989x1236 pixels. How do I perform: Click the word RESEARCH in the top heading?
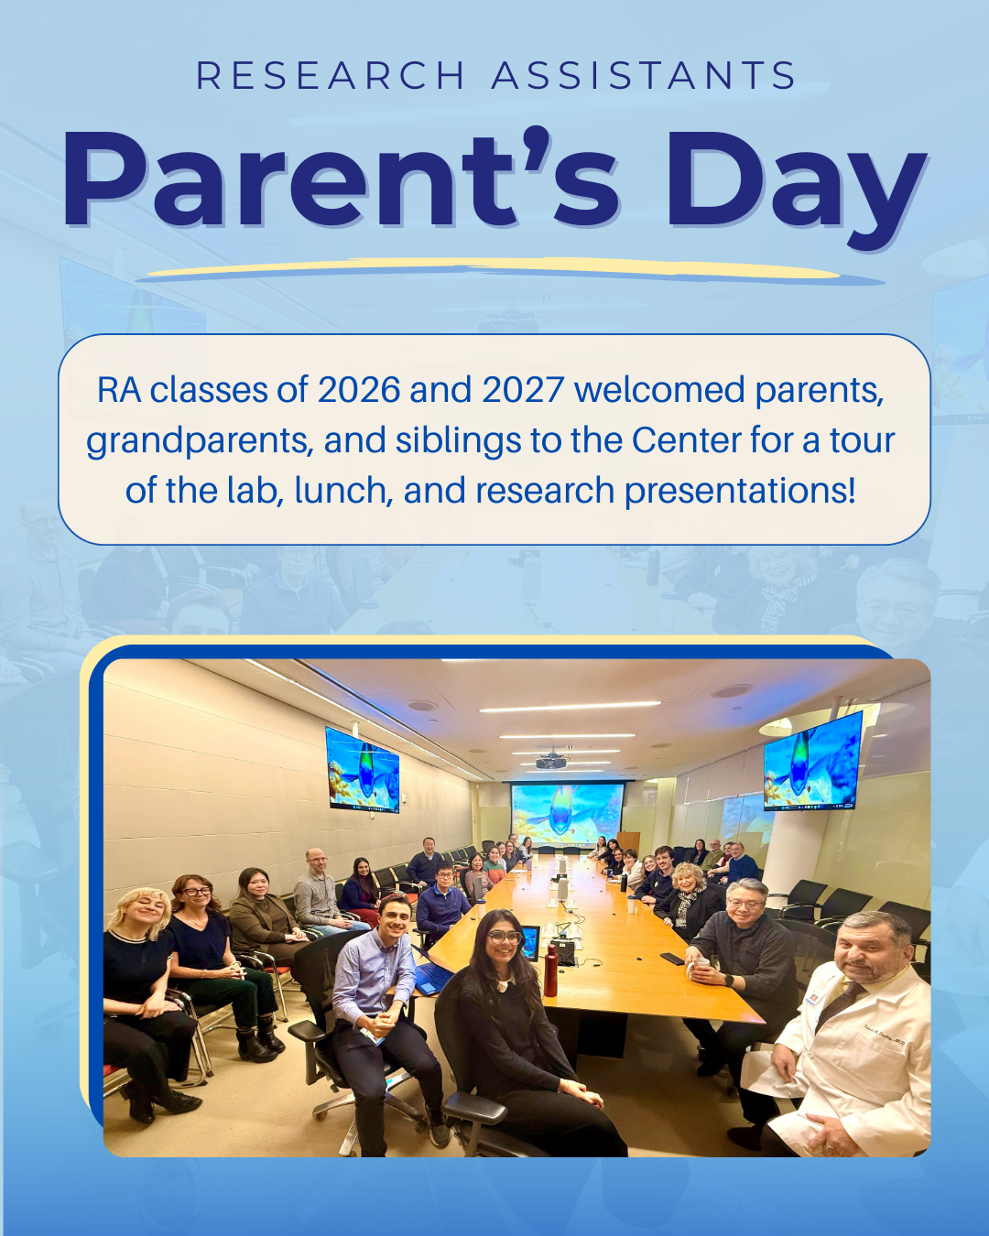pyautogui.click(x=331, y=76)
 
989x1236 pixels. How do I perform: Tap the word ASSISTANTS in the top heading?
pyautogui.click(x=644, y=76)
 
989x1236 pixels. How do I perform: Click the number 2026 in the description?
pyautogui.click(x=359, y=390)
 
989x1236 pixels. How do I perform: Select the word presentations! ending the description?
pyautogui.click(x=740, y=491)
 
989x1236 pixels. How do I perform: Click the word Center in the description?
pyautogui.click(x=686, y=440)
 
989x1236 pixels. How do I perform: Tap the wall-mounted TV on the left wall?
pyautogui.click(x=363, y=770)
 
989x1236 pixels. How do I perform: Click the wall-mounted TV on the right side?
pyautogui.click(x=812, y=762)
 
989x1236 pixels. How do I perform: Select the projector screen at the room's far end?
pyautogui.click(x=567, y=812)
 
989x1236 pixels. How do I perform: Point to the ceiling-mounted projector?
pyautogui.click(x=550, y=760)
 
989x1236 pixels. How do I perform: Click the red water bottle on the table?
pyautogui.click(x=550, y=971)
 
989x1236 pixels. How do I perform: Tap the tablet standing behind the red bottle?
pyautogui.click(x=529, y=943)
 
